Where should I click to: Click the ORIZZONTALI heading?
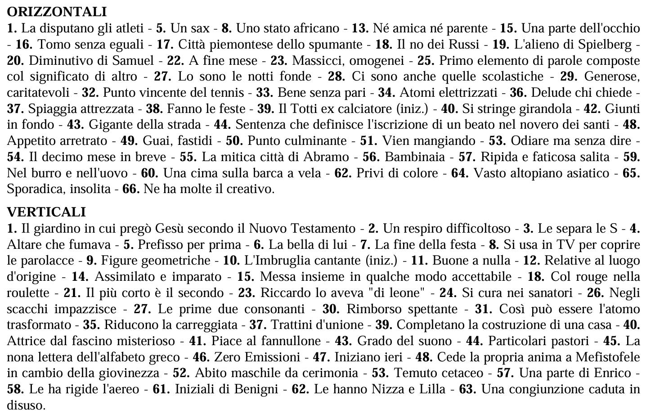click(x=57, y=12)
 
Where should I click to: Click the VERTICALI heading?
click(x=46, y=211)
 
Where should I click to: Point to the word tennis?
click(x=228, y=93)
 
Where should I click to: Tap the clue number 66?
click(x=130, y=189)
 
